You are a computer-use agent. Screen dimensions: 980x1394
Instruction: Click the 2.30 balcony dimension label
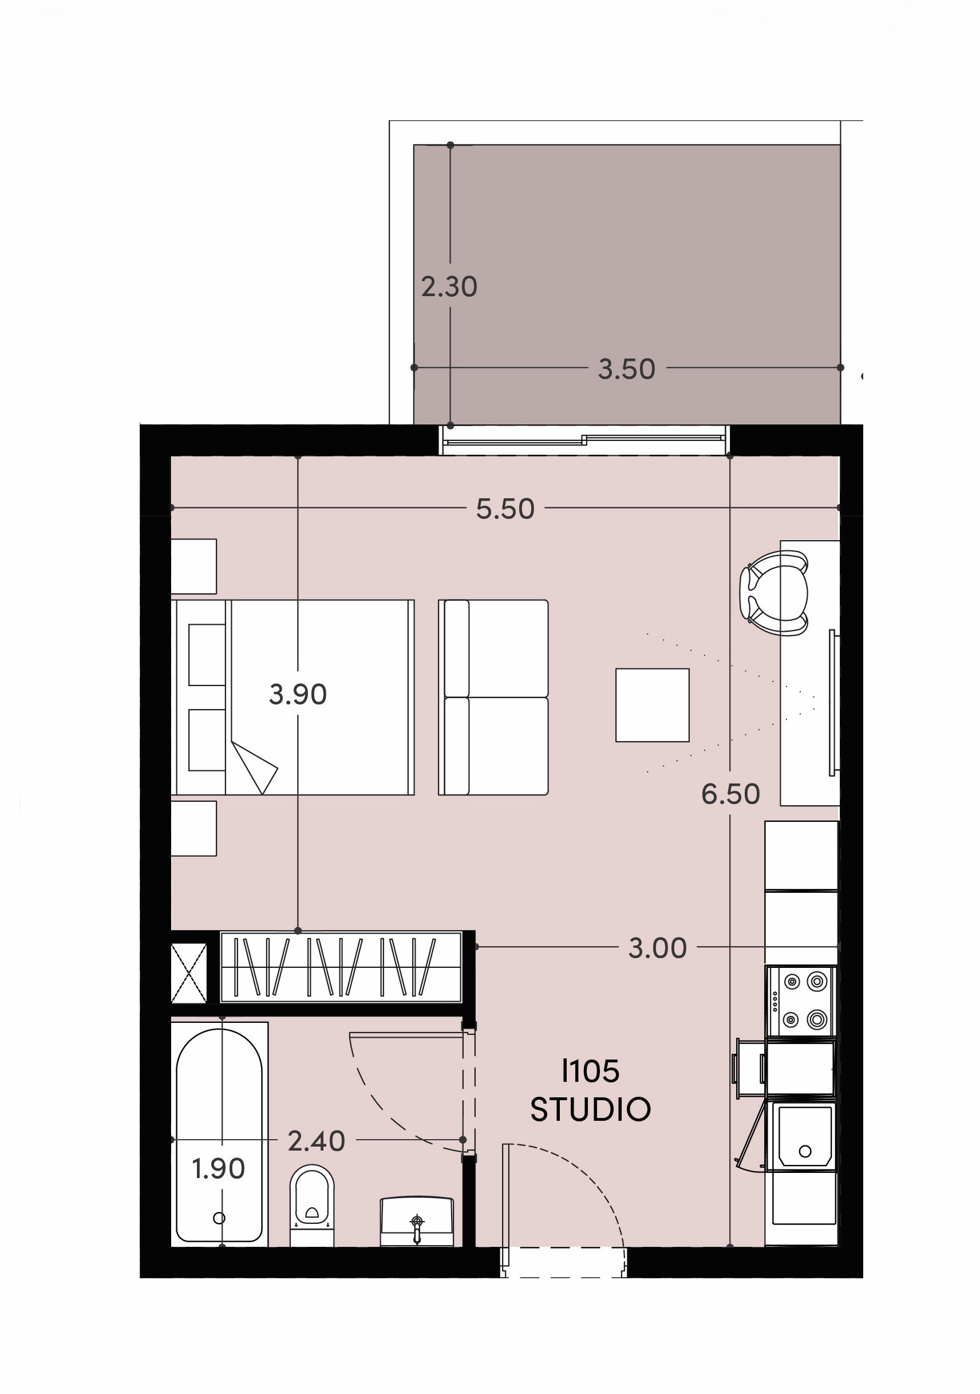click(x=449, y=286)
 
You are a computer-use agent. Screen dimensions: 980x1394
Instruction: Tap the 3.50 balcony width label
click(x=627, y=369)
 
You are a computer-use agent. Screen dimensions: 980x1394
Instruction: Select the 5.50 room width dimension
click(x=505, y=509)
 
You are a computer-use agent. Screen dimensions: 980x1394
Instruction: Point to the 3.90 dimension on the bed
click(x=298, y=694)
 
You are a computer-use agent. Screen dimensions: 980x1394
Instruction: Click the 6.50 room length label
click(x=730, y=794)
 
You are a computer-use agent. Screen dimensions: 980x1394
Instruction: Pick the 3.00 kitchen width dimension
click(x=657, y=948)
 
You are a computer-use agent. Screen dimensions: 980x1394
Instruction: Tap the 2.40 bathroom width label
click(x=316, y=1141)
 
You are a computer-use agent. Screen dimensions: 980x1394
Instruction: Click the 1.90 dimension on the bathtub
click(x=219, y=1168)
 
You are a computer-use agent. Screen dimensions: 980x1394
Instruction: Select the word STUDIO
click(x=590, y=1110)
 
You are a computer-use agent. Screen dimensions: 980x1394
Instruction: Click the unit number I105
click(x=590, y=1072)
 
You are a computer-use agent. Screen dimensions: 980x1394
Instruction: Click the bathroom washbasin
click(x=417, y=1222)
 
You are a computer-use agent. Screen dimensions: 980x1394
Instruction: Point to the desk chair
click(x=774, y=593)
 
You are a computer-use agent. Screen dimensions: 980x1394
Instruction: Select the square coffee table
click(x=653, y=705)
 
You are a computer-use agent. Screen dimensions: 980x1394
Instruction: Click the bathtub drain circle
click(x=220, y=1218)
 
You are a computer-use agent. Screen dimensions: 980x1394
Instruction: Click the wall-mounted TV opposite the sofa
click(x=834, y=703)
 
